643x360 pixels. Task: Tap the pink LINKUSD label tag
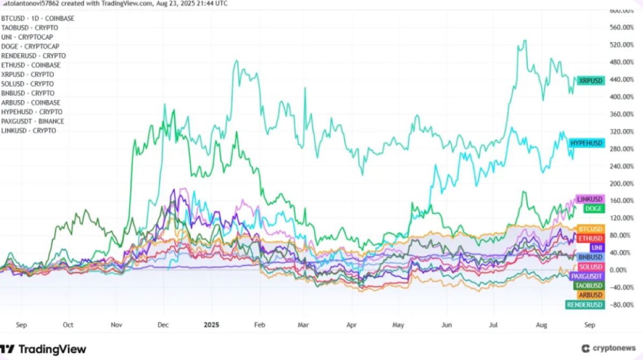590,199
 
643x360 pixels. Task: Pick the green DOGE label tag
594,208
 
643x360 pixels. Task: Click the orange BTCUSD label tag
591,229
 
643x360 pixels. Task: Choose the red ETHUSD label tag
591,238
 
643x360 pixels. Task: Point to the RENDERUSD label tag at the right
585,305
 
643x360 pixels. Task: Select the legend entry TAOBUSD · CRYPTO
30,27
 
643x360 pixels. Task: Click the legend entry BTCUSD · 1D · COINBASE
38,18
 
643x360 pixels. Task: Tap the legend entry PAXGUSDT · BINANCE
33,121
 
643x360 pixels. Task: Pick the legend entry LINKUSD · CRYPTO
29,131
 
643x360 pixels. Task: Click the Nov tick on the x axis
117,324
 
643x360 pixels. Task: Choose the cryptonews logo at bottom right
609,348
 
